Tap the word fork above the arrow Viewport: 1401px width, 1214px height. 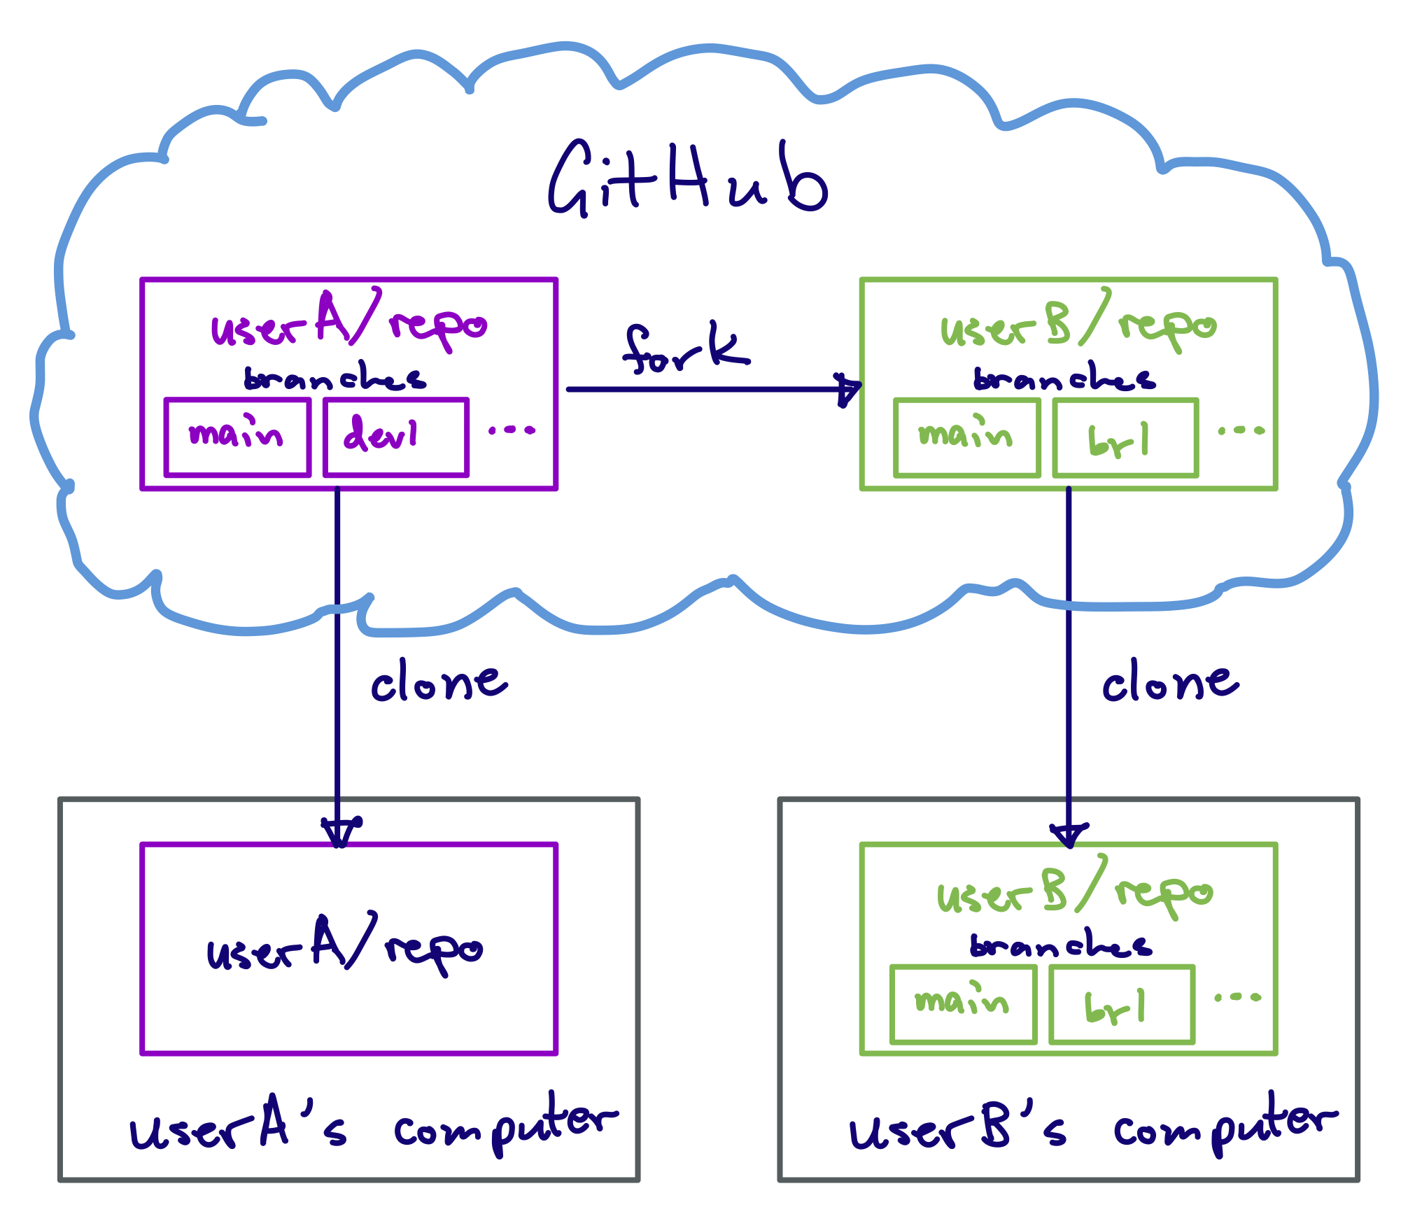click(686, 348)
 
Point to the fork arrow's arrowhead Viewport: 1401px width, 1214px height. click(849, 389)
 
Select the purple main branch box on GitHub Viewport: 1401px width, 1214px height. click(238, 437)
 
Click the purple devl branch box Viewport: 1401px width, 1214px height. click(396, 437)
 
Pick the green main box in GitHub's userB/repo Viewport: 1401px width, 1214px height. click(967, 438)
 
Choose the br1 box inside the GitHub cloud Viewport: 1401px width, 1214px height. click(1125, 438)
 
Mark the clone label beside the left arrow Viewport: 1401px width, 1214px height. click(439, 682)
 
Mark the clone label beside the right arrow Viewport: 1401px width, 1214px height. click(1170, 682)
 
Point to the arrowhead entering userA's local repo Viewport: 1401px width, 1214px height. click(339, 831)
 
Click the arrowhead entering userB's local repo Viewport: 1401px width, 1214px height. click(1069, 834)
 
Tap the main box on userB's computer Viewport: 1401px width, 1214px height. click(964, 1004)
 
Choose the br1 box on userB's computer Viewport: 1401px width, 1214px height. click(1122, 1004)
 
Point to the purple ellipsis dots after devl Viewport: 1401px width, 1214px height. click(512, 430)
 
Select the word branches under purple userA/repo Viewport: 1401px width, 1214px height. click(335, 378)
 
